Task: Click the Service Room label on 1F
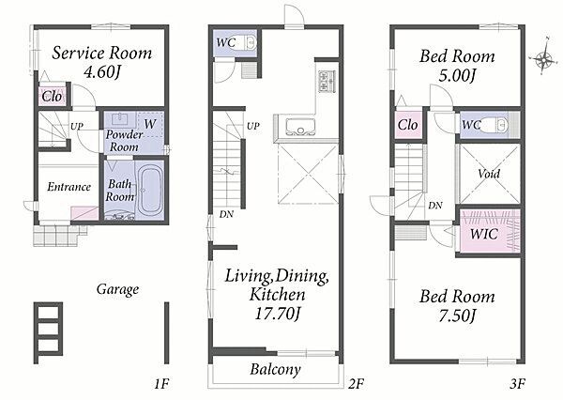click(102, 54)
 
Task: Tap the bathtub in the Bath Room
click(150, 190)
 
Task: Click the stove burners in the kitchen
click(327, 82)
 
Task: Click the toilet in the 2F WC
click(250, 43)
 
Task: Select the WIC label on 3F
click(483, 234)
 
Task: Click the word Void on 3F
click(489, 174)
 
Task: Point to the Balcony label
click(275, 370)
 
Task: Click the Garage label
click(117, 289)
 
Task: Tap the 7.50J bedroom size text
click(457, 316)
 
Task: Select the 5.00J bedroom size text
click(457, 75)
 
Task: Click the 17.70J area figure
click(277, 314)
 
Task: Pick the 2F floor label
click(356, 385)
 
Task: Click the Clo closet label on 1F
click(52, 97)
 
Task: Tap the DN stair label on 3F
click(435, 206)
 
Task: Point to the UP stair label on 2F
click(253, 126)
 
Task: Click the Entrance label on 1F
click(68, 187)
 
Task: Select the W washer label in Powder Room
click(150, 124)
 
